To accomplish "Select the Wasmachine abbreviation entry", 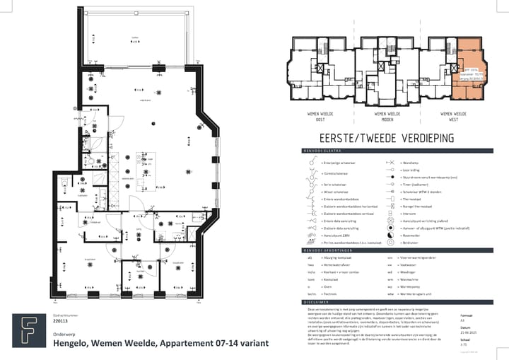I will [411, 279].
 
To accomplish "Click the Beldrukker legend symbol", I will [390, 240].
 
